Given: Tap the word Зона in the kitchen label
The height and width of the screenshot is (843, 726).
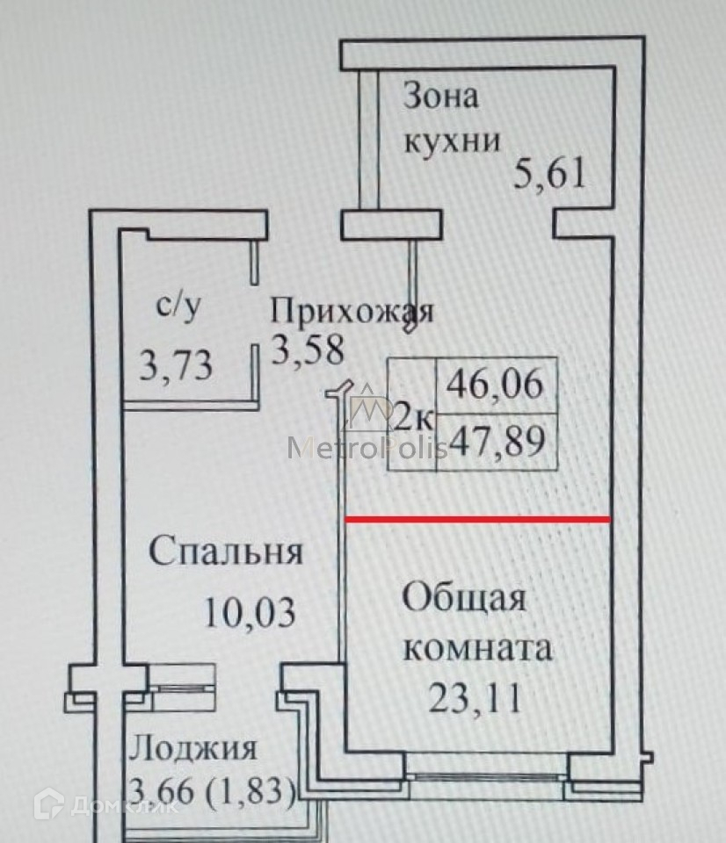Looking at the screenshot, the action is [441, 96].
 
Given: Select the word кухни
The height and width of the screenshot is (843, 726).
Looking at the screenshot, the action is [452, 140].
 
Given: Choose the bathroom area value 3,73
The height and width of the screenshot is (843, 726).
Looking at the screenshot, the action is [176, 364].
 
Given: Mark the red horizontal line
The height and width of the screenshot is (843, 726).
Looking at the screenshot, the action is [477, 519].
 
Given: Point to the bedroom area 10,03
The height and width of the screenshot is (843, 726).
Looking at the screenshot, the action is [250, 611].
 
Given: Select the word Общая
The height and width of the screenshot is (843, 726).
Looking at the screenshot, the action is [465, 599].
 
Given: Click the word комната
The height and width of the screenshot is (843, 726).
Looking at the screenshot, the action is [477, 650].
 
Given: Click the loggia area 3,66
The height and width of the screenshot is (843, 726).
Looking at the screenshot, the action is [163, 793].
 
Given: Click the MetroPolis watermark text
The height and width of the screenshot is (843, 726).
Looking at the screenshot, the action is [369, 448].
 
